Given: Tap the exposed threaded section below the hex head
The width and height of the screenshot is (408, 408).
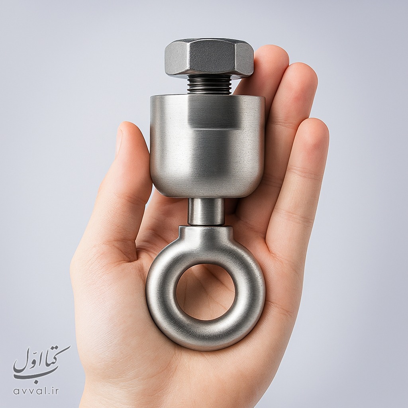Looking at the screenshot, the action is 210,84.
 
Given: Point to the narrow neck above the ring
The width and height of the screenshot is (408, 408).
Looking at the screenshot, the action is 206,212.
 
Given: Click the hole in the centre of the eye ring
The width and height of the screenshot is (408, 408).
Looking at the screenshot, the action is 205,292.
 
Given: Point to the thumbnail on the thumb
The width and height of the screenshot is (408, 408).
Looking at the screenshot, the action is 119,142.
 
